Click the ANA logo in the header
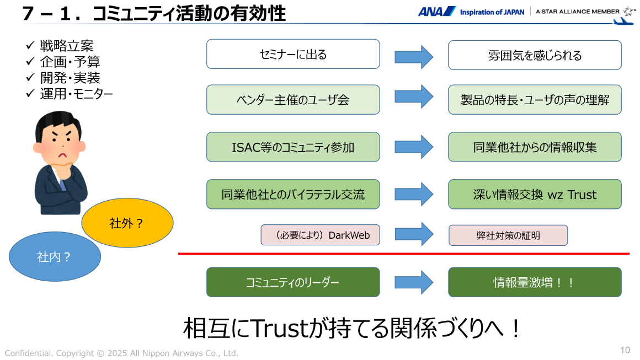click(x=436, y=12)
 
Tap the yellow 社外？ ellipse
click(x=127, y=223)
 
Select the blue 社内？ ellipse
click(x=55, y=256)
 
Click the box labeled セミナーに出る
click(x=293, y=54)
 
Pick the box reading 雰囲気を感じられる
click(x=534, y=55)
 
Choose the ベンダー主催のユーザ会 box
click(x=293, y=100)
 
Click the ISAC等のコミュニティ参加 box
click(x=293, y=147)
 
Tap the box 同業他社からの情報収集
click(x=534, y=147)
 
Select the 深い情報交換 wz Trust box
click(x=534, y=195)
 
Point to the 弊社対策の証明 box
click(x=508, y=235)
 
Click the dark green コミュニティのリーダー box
click(x=293, y=282)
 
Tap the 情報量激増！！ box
click(x=534, y=282)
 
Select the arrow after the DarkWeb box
click(x=414, y=234)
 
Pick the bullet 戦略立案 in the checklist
click(x=67, y=46)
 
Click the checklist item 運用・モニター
click(x=76, y=94)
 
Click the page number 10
click(x=625, y=350)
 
